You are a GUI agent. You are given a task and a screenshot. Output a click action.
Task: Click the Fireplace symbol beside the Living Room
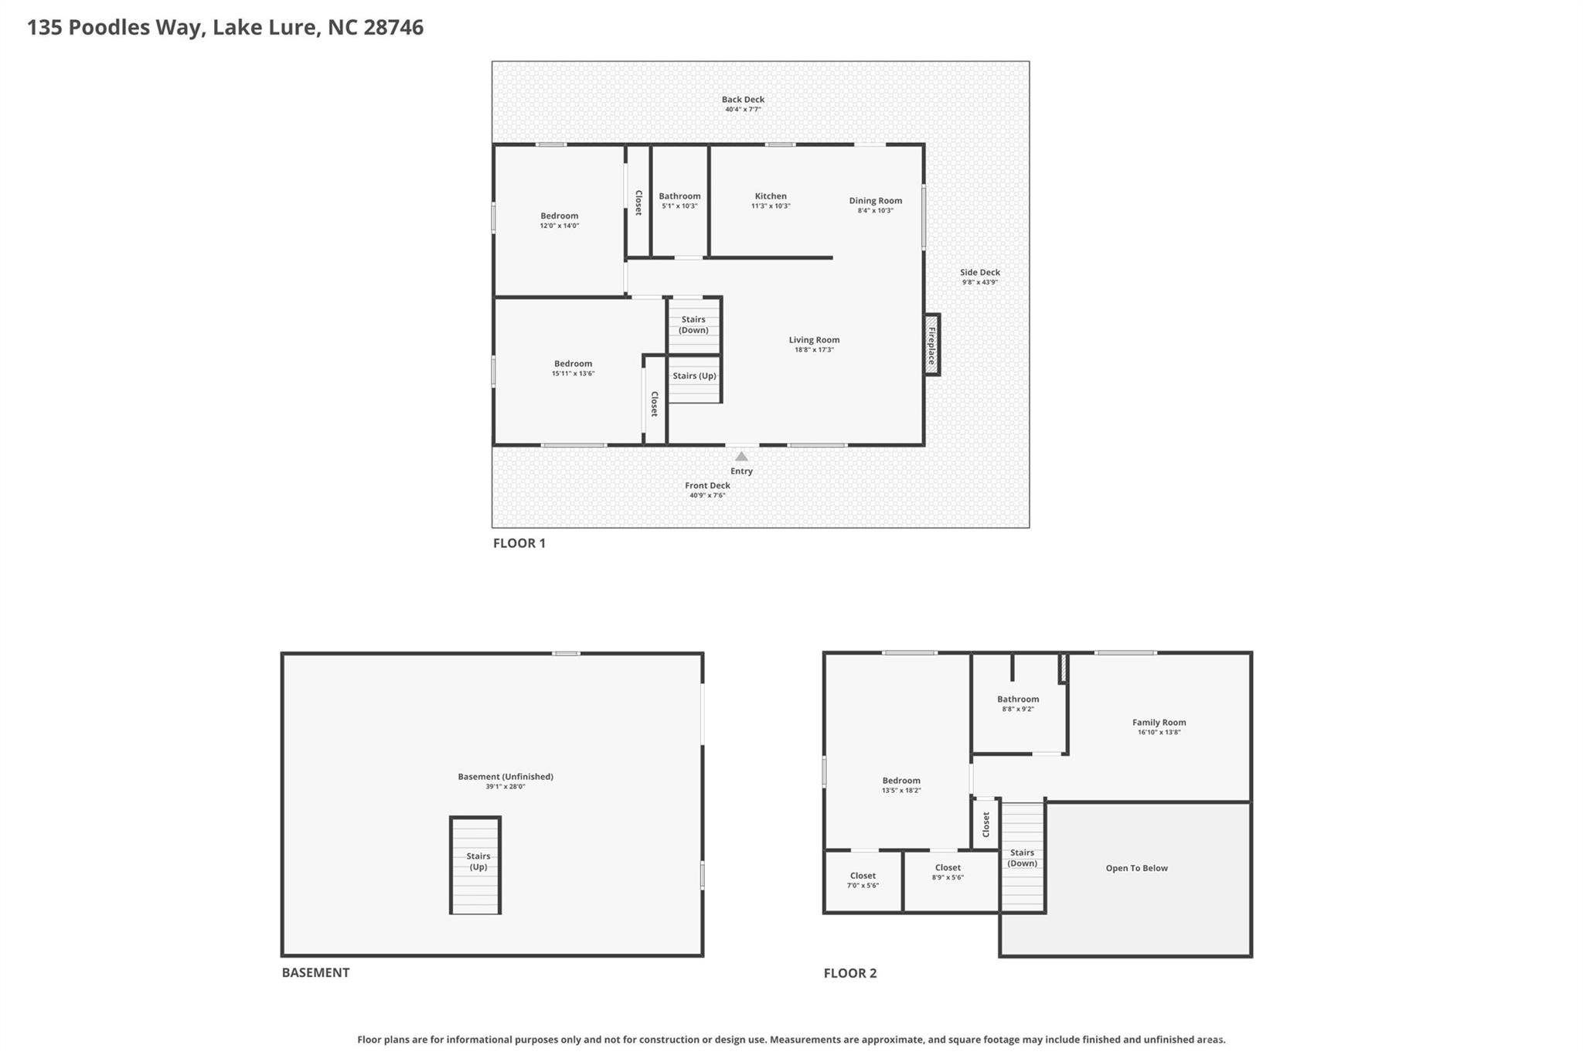(x=932, y=345)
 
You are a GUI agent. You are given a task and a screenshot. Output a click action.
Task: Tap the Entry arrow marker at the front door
(x=741, y=457)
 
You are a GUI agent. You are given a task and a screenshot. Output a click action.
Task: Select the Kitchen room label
(x=771, y=196)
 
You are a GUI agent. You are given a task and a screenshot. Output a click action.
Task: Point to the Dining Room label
(x=875, y=201)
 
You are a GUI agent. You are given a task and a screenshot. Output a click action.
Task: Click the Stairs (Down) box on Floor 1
(x=693, y=325)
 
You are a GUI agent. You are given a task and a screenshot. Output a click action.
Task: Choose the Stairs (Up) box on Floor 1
(x=694, y=376)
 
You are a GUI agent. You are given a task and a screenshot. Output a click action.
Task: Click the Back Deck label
(x=743, y=100)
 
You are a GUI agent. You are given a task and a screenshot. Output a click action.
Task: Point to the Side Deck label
(x=979, y=273)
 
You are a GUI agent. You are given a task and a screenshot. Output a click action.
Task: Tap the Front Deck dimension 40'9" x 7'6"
(x=707, y=495)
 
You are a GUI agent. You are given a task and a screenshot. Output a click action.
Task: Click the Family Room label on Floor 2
(x=1159, y=723)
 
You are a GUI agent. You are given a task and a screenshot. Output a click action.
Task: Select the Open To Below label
(x=1136, y=868)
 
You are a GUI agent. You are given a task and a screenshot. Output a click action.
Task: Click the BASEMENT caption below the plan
(x=315, y=973)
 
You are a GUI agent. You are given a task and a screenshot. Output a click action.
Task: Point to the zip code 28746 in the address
(x=393, y=28)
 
